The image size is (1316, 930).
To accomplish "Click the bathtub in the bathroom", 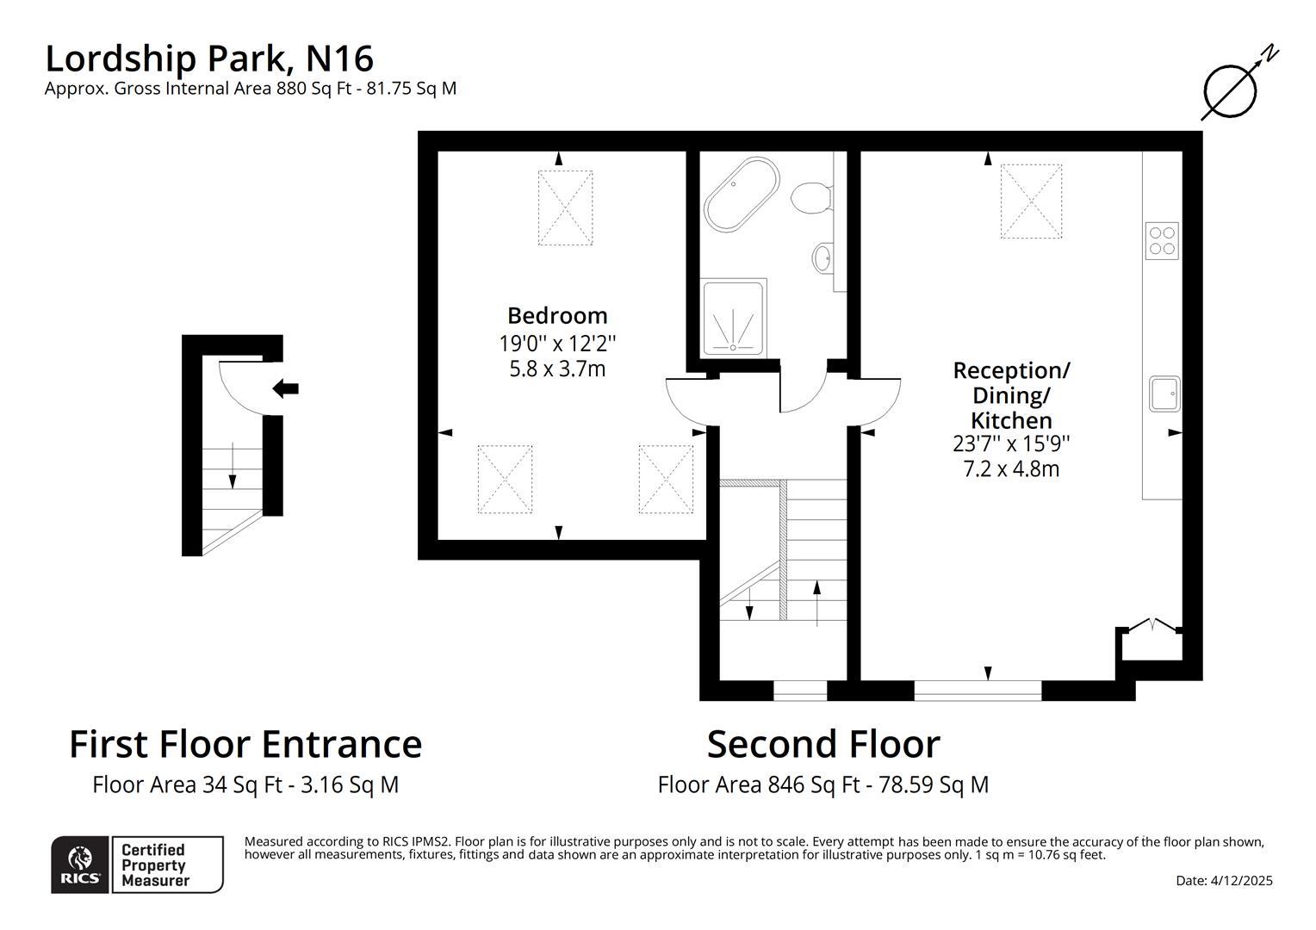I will click(742, 195).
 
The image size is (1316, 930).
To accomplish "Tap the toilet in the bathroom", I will click(810, 197).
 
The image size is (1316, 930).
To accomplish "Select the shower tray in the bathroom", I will click(734, 318).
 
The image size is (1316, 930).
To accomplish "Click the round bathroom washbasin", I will click(823, 256).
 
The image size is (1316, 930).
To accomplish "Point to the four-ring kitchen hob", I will click(1161, 240).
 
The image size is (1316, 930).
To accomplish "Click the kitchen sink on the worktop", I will click(1164, 394).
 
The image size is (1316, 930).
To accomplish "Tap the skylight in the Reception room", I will click(1030, 201).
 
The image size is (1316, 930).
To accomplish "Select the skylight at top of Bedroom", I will click(565, 207).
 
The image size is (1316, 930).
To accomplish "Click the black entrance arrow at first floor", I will click(285, 388).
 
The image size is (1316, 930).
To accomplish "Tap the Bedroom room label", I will click(557, 315).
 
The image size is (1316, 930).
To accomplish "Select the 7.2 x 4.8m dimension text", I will click(1011, 469).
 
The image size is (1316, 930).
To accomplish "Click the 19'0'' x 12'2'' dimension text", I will click(557, 344).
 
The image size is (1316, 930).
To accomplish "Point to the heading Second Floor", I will click(822, 744).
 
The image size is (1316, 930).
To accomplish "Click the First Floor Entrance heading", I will click(245, 744).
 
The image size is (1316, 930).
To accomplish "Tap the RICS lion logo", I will click(80, 865).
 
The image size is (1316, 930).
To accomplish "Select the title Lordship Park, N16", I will click(209, 59).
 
